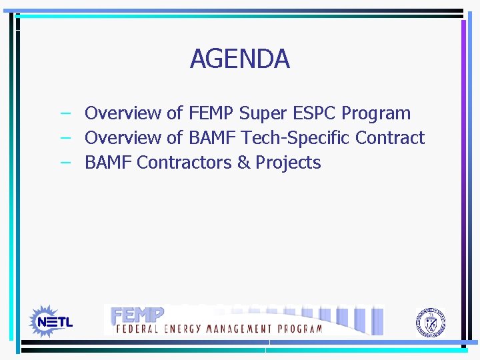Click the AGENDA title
(x=239, y=59)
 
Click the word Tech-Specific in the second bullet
(x=295, y=138)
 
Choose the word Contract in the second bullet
(x=390, y=138)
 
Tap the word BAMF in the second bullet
(x=213, y=138)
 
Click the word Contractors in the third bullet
(x=184, y=163)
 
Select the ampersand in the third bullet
(x=243, y=163)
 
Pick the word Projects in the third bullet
(x=288, y=163)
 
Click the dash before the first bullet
(x=65, y=113)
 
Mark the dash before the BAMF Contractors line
(x=65, y=163)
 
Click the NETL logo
(x=51, y=321)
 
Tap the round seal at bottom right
(x=430, y=322)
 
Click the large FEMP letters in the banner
(x=137, y=314)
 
